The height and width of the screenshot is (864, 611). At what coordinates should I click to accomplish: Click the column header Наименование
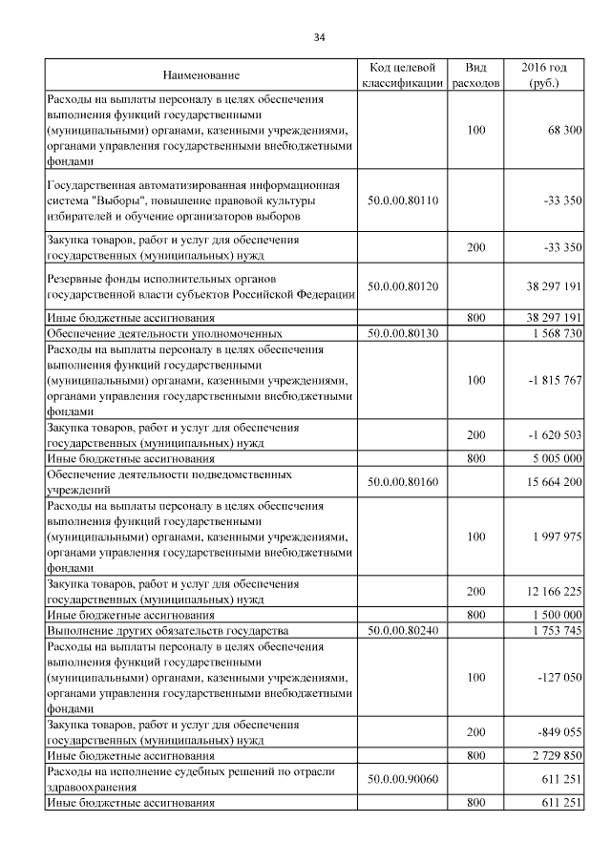(200, 75)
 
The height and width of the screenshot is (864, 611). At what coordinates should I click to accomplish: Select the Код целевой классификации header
(402, 75)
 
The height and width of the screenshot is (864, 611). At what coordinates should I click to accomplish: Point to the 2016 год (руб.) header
(544, 75)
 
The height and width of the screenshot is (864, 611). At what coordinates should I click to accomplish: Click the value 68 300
(563, 129)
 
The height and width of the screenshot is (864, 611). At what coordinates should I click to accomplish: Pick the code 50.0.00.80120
(402, 284)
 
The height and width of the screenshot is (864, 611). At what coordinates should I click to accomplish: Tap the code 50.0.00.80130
(402, 334)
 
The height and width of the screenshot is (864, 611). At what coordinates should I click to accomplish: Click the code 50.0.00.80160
(402, 482)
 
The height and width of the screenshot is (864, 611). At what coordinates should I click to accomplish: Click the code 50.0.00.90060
(402, 780)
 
